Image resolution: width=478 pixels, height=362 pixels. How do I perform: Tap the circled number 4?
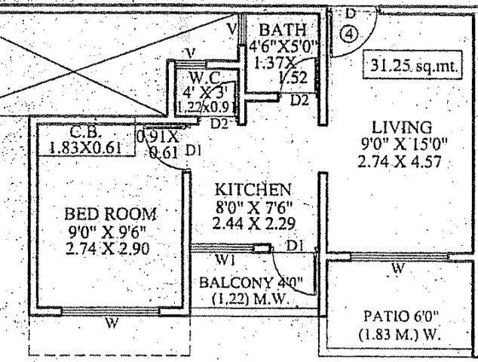click(x=348, y=35)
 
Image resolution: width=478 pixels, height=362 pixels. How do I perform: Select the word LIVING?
click(x=406, y=127)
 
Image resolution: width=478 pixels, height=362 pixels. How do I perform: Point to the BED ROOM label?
click(x=112, y=213)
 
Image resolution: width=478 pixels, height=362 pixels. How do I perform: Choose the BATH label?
click(x=282, y=30)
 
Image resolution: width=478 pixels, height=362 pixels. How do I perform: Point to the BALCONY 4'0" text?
click(x=250, y=284)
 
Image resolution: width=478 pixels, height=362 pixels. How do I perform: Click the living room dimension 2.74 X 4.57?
click(x=406, y=161)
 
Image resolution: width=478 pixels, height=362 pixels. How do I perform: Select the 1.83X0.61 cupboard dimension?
click(x=85, y=148)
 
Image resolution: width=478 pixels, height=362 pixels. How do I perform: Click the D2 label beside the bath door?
click(x=300, y=100)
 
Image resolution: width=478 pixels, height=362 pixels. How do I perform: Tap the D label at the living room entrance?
click(x=350, y=14)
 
